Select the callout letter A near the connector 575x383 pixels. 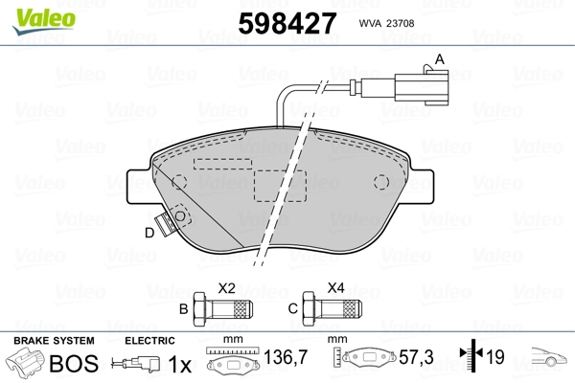tap(440, 59)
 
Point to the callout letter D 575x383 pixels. tap(149, 233)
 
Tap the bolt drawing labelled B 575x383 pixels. tap(223, 308)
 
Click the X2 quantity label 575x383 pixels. tap(227, 287)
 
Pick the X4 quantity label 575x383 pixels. tap(336, 287)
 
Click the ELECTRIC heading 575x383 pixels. tap(149, 341)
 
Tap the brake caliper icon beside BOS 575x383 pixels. tap(26, 364)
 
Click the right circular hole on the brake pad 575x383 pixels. tap(380, 182)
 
